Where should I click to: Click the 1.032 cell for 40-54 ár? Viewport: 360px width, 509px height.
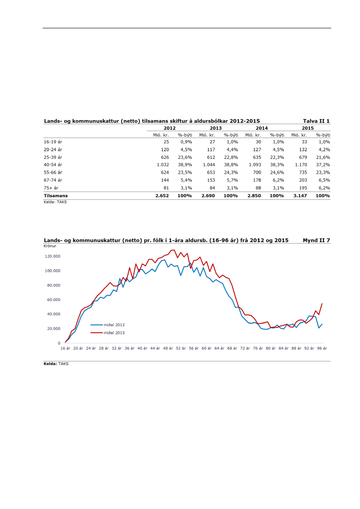tap(163, 165)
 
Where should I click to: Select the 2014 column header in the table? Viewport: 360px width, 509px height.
tap(262, 128)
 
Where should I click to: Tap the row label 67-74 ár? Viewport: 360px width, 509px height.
tap(53, 180)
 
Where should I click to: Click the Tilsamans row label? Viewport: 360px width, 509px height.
tap(56, 196)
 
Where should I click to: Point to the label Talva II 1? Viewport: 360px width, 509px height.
tap(316, 121)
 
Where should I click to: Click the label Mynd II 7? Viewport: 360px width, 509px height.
tap(316, 240)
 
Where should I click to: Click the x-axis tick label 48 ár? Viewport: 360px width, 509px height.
tap(168, 348)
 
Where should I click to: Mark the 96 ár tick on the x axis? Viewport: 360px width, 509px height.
tap(322, 348)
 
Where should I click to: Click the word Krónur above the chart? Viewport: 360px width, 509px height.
tap(50, 246)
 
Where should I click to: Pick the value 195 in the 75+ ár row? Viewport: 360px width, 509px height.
tap(303, 188)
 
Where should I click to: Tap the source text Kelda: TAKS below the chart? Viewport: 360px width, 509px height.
tap(56, 364)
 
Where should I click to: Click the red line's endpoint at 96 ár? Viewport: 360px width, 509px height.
tap(322, 303)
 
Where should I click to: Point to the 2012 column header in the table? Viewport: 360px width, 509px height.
tap(170, 128)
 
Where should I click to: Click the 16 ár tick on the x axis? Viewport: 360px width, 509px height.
tap(65, 348)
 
